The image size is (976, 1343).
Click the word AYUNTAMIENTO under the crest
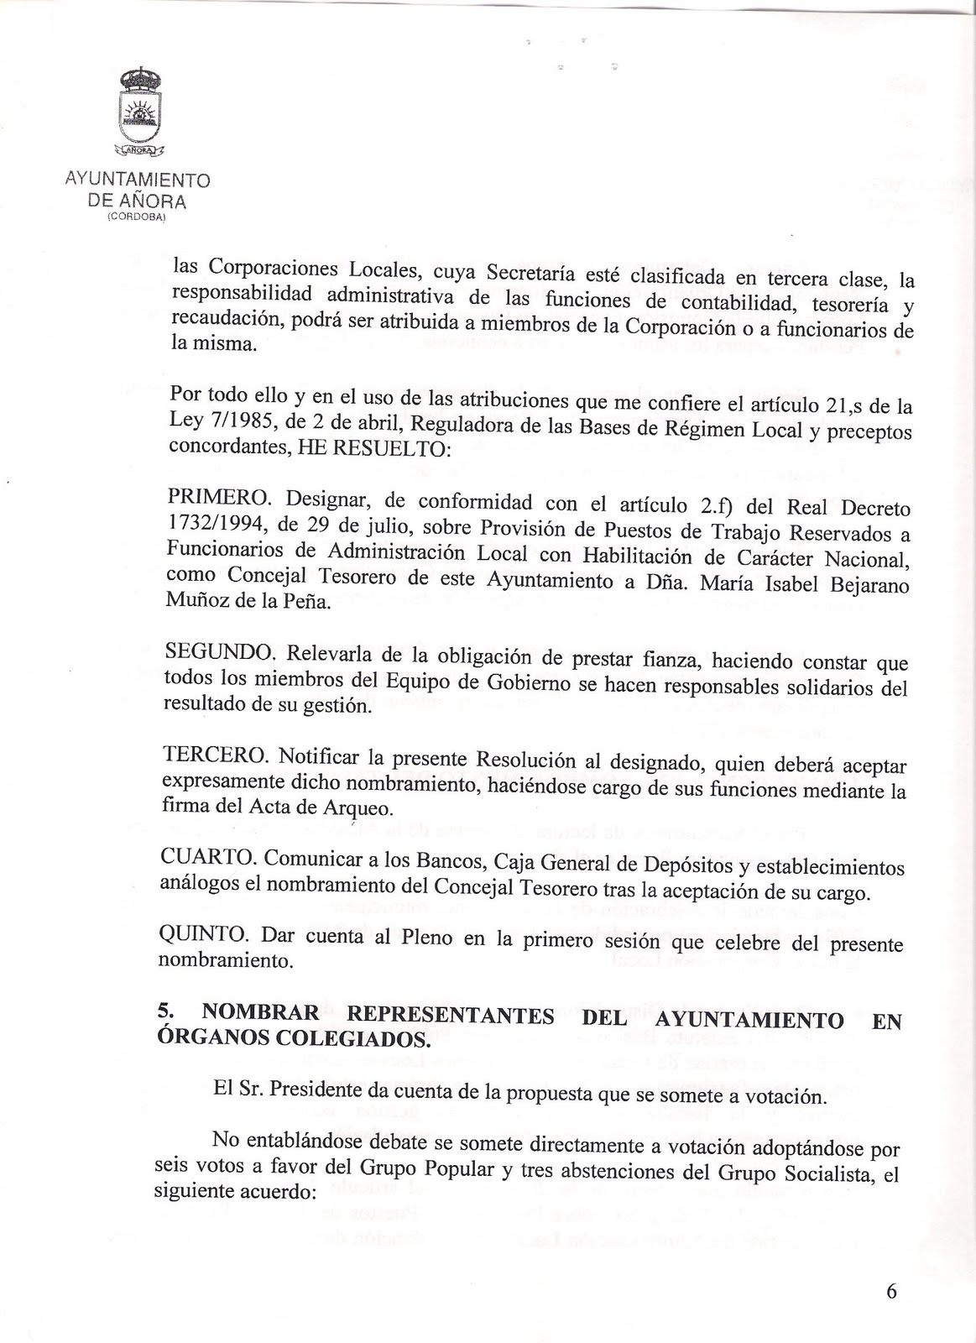pos(138,180)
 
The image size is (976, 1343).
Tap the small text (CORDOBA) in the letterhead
pos(137,217)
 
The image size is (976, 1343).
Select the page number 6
pos(890,1290)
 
